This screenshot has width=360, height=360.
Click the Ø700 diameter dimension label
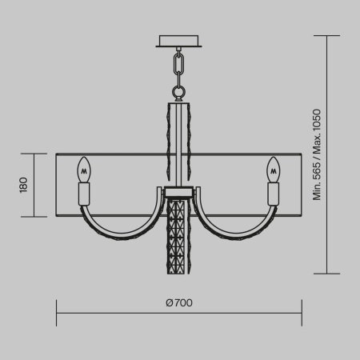179,302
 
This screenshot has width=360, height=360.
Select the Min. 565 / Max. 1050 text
317,154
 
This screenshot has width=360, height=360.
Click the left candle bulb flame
82,170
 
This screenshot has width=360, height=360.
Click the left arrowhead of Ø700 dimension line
58,313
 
